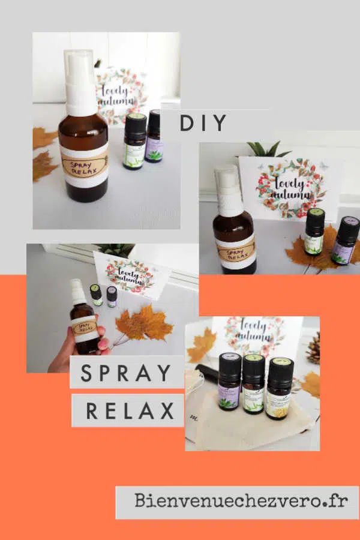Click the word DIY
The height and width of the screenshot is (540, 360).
point(203,122)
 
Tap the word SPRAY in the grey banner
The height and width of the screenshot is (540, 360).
point(127,373)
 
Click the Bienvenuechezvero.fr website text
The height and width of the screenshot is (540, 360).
point(241,501)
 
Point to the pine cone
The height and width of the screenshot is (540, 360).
point(313,348)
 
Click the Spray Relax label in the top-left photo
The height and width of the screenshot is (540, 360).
point(84,165)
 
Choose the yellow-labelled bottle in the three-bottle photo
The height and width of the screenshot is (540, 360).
point(280,390)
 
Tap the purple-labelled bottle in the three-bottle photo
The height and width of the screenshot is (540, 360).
point(230,387)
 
